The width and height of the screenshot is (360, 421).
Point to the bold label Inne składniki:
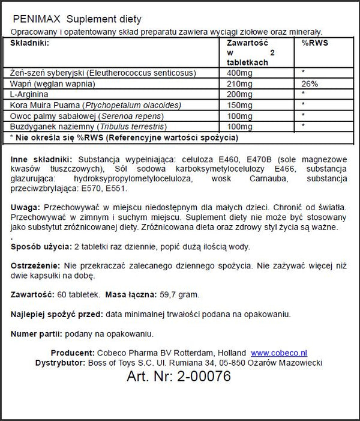coord(40,159)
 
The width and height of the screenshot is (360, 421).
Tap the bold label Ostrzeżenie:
coord(35,265)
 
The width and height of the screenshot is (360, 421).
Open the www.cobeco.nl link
coord(278,353)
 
